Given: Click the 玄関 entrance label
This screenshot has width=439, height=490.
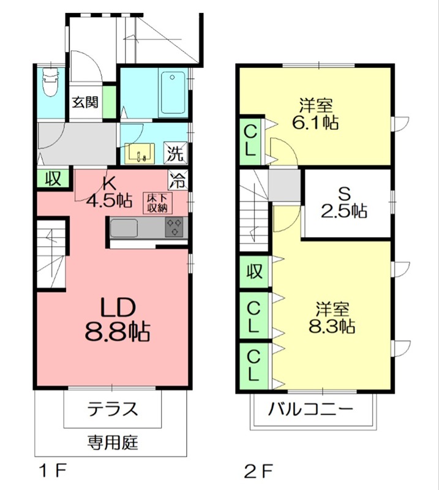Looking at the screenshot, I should [84, 102].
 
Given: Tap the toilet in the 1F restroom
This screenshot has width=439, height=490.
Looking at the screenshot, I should [48, 80].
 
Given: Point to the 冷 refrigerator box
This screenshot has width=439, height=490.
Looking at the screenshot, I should [177, 181].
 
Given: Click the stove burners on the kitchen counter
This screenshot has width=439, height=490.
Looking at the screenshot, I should [174, 227].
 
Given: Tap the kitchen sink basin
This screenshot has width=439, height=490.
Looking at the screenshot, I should [125, 228].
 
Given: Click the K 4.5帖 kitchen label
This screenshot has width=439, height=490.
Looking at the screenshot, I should [110, 192].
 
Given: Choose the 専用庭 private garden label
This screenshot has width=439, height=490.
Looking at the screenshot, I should [113, 441].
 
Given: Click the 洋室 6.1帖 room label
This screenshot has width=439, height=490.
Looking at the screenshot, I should [316, 112].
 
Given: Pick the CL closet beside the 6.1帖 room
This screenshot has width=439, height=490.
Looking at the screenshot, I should [251, 140].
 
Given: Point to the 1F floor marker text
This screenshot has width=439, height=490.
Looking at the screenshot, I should [53, 472].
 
